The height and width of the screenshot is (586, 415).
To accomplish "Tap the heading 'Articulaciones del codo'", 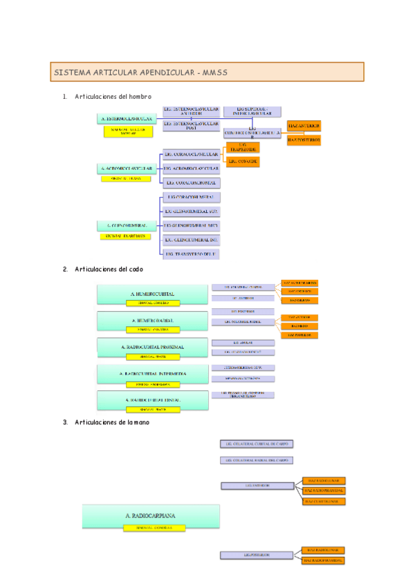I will click(109, 269).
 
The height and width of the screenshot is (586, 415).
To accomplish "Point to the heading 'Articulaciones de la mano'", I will click(111, 422).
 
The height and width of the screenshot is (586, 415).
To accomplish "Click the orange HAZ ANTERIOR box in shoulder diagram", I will click(304, 126).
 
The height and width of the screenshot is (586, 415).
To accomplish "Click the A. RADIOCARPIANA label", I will click(151, 515).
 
